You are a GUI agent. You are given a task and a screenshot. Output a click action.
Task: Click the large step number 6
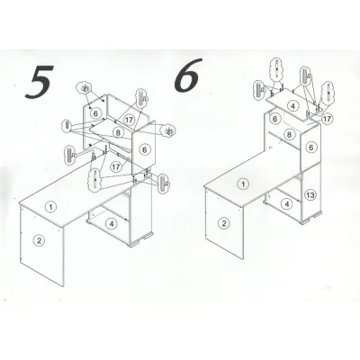(187, 75)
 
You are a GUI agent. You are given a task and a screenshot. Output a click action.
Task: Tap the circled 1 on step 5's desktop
(51, 207)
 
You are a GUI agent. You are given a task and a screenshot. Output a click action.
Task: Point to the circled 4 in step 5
(112, 223)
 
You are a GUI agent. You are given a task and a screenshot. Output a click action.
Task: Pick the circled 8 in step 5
(118, 131)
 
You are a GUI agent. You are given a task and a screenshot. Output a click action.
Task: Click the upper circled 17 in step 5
(130, 120)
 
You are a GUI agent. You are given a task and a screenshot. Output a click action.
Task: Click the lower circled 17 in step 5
(116, 166)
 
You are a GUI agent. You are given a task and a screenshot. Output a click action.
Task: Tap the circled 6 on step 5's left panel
(95, 113)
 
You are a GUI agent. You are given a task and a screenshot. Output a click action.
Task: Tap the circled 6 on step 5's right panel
(145, 149)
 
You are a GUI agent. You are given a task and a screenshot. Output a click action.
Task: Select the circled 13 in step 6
(310, 195)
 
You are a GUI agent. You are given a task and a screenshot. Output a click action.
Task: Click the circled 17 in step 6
(328, 119)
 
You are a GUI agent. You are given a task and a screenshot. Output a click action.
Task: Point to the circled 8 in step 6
(289, 134)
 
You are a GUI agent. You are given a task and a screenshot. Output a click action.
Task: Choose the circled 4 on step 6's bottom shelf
(287, 204)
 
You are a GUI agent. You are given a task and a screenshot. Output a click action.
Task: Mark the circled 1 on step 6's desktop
(244, 184)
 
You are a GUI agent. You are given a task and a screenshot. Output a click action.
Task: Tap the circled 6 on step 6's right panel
(311, 148)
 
